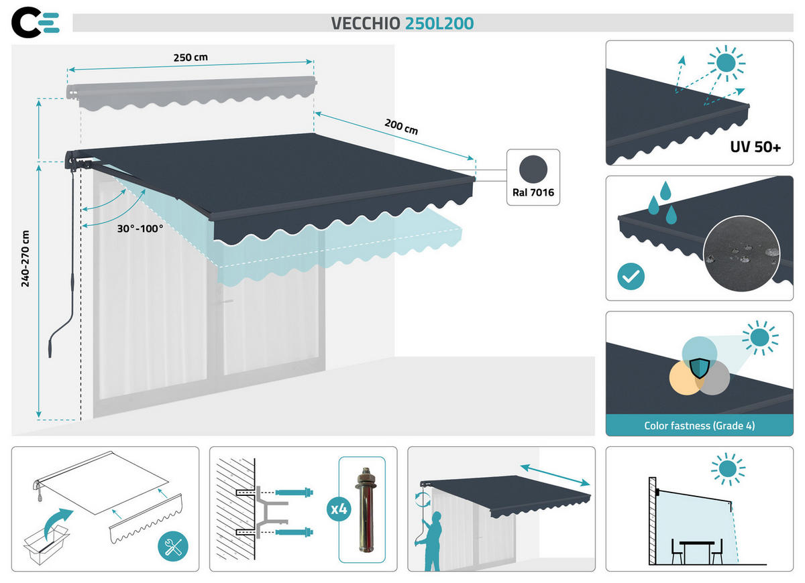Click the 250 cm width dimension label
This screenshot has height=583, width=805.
point(191,58)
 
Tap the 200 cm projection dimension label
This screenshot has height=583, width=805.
point(400,127)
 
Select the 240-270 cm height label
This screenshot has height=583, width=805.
point(25,258)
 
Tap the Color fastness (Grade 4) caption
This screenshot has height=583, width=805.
point(700,426)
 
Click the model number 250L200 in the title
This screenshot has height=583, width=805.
point(439,23)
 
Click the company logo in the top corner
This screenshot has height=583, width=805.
point(36,22)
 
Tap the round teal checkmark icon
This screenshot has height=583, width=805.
point(631,277)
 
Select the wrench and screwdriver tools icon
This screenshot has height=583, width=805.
point(173,547)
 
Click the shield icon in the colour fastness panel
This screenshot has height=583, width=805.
point(699,369)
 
